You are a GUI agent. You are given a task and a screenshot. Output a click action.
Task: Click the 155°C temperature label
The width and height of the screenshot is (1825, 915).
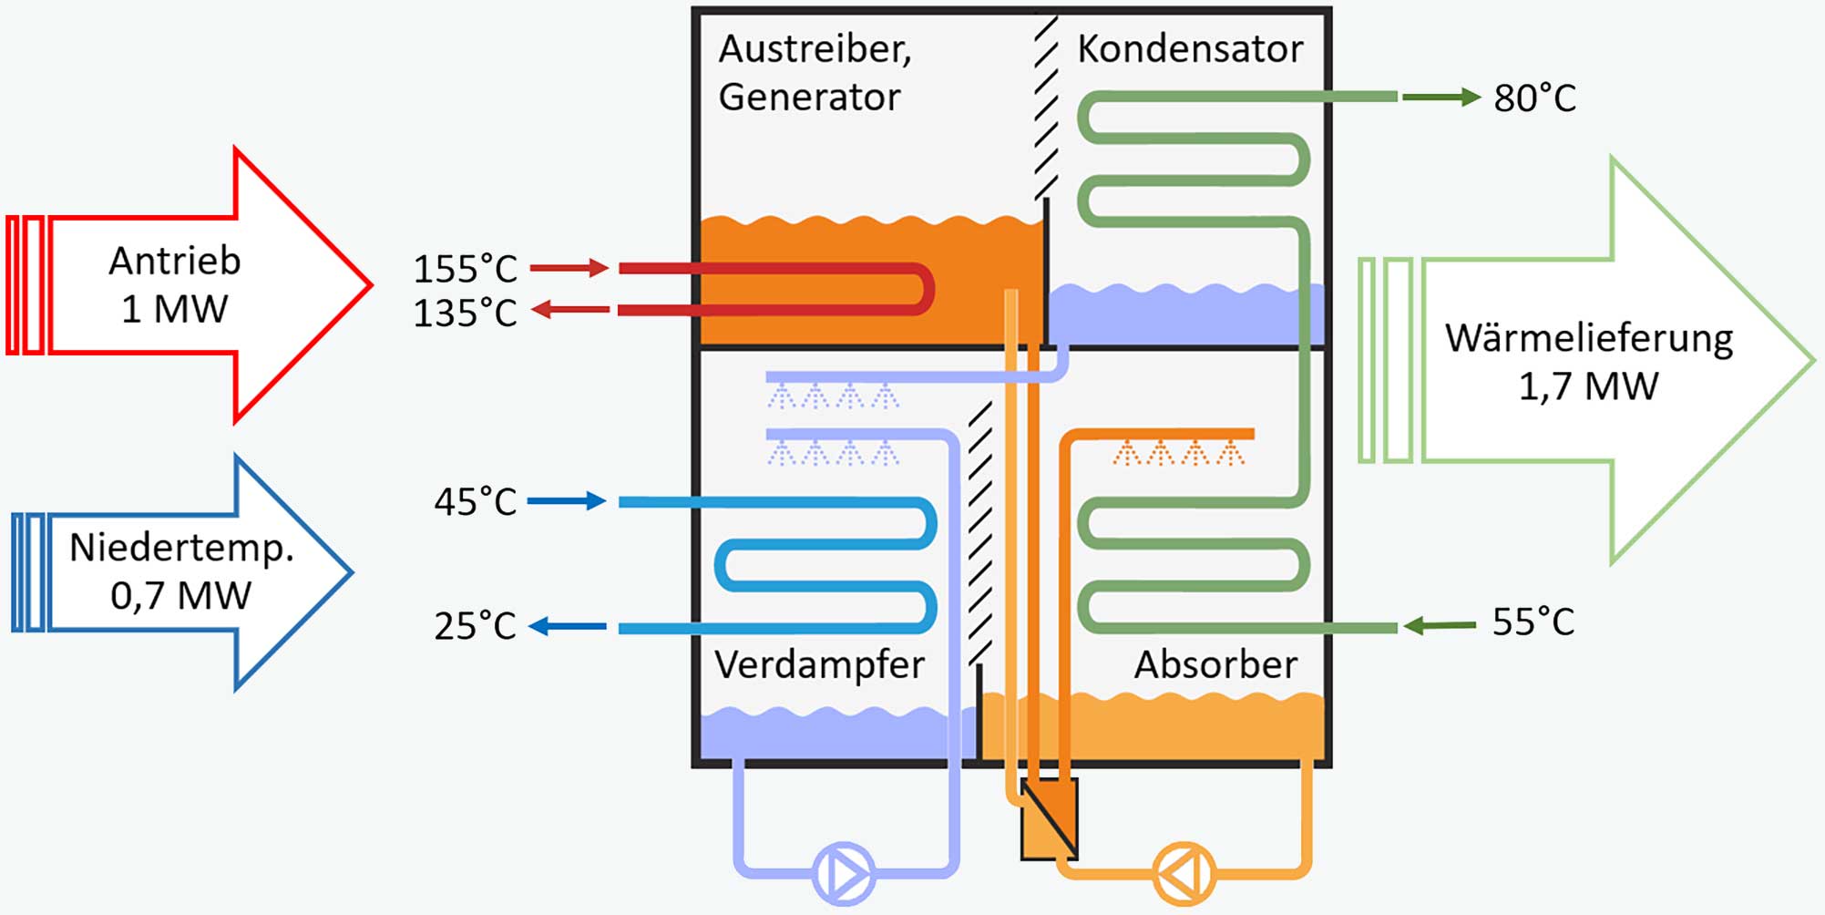465,269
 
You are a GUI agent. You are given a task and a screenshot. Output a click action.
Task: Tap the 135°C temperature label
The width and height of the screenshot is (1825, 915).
465,313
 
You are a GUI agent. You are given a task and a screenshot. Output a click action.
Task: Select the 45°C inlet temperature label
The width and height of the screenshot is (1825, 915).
475,501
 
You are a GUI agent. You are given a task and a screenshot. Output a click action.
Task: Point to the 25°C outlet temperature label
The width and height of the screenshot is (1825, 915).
475,625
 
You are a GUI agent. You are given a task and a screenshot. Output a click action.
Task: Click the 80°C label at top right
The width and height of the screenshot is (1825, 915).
1534,98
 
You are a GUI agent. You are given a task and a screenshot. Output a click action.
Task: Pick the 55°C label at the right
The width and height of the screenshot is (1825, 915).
1533,622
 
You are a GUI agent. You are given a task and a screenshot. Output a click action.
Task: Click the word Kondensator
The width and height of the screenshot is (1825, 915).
1190,48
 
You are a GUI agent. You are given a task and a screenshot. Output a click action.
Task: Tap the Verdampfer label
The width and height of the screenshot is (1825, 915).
819,665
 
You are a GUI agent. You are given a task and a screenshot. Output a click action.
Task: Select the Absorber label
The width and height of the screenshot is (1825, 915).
1215,664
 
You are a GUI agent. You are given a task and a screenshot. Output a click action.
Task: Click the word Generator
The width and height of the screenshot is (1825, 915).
809,97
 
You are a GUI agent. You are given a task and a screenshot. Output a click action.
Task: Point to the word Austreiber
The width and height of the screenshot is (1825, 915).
815,49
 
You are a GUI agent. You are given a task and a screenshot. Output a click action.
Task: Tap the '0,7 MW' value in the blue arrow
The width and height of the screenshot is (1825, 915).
180,596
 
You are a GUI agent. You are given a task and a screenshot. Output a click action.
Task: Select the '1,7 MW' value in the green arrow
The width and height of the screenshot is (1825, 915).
1588,386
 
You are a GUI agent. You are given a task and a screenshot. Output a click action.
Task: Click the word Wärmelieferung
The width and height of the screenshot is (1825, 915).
1589,338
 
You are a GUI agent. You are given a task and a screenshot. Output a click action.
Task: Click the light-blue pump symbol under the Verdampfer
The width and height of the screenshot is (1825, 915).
843,873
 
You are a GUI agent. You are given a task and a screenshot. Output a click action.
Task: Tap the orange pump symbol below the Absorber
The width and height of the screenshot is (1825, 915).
1184,873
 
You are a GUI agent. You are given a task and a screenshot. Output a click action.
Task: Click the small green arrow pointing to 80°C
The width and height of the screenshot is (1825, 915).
1441,97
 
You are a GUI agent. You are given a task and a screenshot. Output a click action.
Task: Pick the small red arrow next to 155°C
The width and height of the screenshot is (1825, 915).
569,268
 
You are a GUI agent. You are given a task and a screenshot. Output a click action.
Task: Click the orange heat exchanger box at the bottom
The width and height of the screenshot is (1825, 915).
1049,818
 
